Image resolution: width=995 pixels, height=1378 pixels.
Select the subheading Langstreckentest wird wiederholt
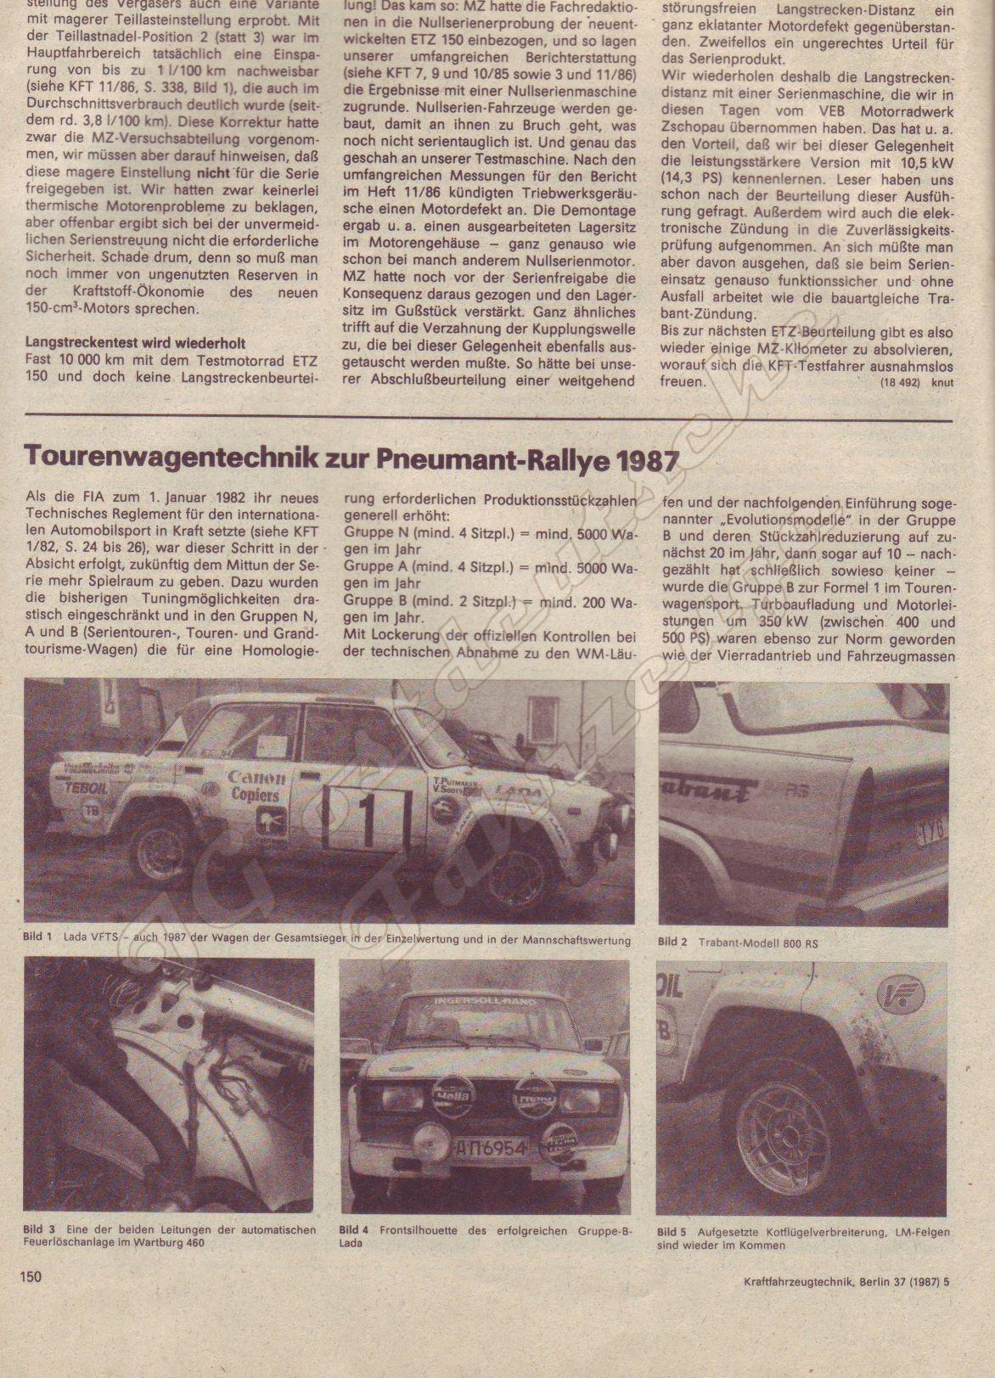pyautogui.click(x=136, y=344)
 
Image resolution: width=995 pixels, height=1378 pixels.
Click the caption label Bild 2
pyautogui.click(x=673, y=942)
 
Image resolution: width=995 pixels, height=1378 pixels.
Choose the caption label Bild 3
pyautogui.click(x=38, y=1229)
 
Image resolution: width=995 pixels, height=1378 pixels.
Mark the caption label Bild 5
pyautogui.click(x=672, y=1231)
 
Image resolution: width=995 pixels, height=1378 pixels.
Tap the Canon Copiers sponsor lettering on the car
pyautogui.click(x=255, y=785)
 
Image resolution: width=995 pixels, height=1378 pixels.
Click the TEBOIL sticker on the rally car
pyautogui.click(x=85, y=787)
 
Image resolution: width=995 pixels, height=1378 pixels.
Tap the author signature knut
pyautogui.click(x=941, y=382)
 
